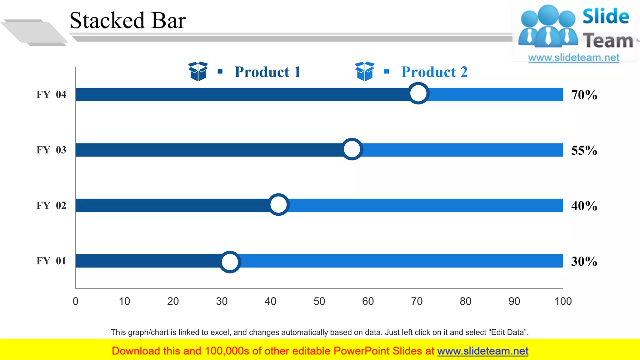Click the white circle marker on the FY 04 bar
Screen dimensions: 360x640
click(418, 93)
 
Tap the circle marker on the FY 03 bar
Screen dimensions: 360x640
click(352, 149)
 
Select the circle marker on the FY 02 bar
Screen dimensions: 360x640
click(278, 205)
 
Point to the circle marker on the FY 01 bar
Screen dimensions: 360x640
click(230, 262)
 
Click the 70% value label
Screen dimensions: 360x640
click(584, 95)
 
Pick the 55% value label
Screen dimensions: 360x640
click(584, 150)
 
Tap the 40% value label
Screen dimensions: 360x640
click(584, 206)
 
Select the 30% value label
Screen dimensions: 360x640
click(584, 261)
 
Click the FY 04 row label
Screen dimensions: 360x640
click(51, 94)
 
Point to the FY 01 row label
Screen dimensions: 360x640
click(51, 261)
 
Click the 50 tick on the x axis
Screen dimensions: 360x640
click(319, 301)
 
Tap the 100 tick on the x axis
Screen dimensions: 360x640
click(563, 301)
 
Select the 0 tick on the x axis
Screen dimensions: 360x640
click(76, 301)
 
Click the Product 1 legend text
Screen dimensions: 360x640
click(267, 72)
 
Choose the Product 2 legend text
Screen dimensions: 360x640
click(434, 72)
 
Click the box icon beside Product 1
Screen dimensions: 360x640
click(198, 71)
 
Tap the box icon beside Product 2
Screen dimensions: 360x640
click(364, 71)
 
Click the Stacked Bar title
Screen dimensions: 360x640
click(127, 21)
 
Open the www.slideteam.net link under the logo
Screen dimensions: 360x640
click(573, 58)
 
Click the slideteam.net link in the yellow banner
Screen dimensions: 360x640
click(482, 351)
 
